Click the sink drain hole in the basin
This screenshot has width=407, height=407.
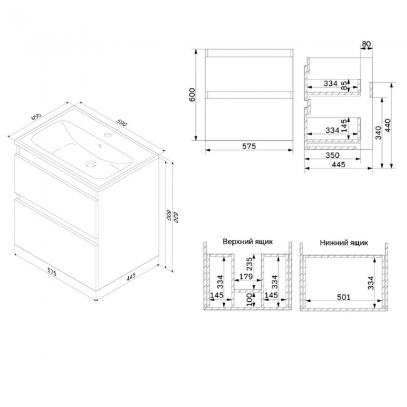pyautogui.click(x=91, y=164)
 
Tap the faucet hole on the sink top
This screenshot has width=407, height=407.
pyautogui.click(x=108, y=135)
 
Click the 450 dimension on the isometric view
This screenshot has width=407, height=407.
pyautogui.click(x=36, y=117)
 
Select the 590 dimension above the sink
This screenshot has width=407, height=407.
pyautogui.click(x=121, y=123)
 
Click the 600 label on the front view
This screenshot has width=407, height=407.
pyautogui.click(x=192, y=95)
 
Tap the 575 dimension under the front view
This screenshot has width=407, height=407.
pyautogui.click(x=249, y=147)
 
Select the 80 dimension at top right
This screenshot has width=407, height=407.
pyautogui.click(x=366, y=44)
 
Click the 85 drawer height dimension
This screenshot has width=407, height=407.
pyautogui.click(x=344, y=86)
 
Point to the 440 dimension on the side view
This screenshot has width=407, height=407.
pyautogui.click(x=387, y=125)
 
